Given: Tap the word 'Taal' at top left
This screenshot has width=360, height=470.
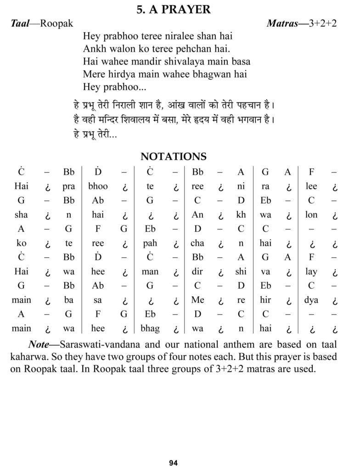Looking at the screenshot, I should click(20, 23).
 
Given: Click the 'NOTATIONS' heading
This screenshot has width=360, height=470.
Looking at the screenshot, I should click(174, 157).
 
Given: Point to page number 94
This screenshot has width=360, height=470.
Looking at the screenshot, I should click(173, 463).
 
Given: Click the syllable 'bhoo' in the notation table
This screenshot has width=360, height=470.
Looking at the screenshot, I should click(98, 186).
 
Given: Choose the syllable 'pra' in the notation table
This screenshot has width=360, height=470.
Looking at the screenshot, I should click(69, 186).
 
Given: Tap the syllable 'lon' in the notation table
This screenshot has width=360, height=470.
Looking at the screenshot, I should click(311, 215).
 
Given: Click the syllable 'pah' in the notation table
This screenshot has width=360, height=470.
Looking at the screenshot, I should click(150, 243).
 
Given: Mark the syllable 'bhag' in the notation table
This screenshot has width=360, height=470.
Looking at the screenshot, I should click(150, 329).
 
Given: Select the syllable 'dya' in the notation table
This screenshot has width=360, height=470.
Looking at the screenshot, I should click(311, 300).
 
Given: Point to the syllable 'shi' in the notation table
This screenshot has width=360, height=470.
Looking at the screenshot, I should click(241, 272).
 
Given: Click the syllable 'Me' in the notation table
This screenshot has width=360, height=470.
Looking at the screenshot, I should click(197, 300).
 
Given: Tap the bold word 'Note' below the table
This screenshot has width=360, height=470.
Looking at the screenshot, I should click(39, 344).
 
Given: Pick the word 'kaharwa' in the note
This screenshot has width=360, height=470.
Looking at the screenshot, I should click(26, 357).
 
